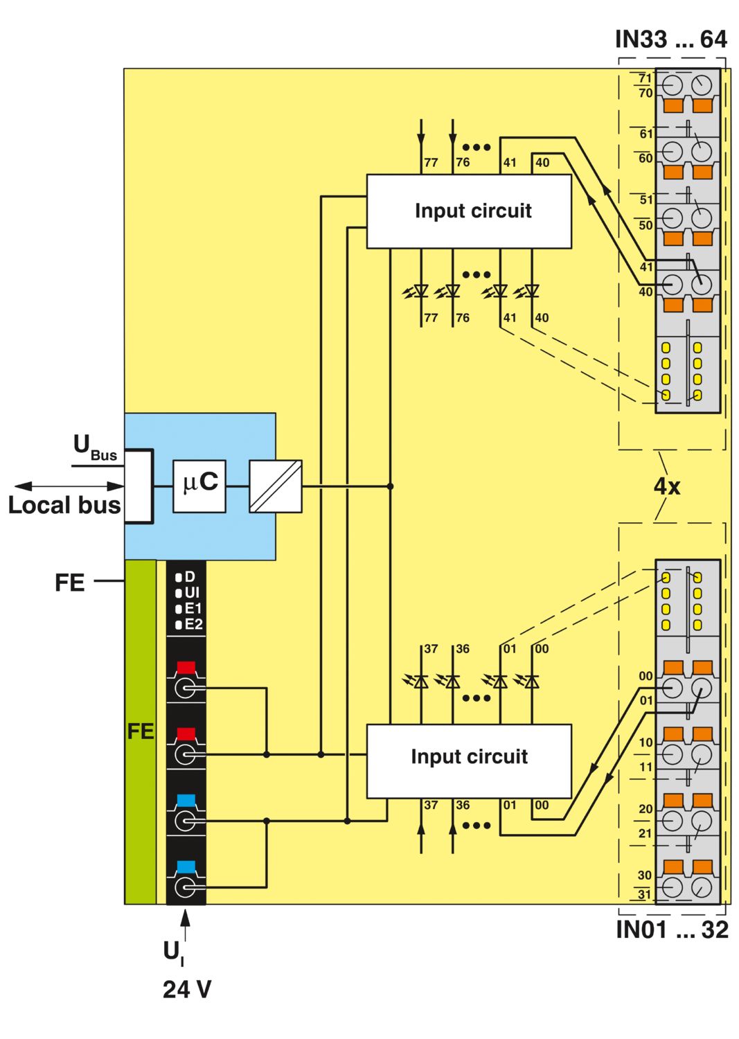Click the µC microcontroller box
pos(199,486)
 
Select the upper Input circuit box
pos(469,211)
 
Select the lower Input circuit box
pos(469,761)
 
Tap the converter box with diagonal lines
pos(276,486)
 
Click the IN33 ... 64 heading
pos(670,39)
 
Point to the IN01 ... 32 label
pos(672,930)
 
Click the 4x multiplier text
pos(667,486)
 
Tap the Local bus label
pos(64,505)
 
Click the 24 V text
pos(187,989)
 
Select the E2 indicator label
pos(194,624)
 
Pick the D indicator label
pos(190,577)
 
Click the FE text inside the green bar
pos(141,731)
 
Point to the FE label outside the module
pos(69,583)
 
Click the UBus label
pos(95,447)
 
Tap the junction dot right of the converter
pos(391,486)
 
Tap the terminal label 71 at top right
pos(645,78)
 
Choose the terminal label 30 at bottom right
pos(645,875)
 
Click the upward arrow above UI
pos(185,925)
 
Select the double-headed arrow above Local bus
pos(69,486)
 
